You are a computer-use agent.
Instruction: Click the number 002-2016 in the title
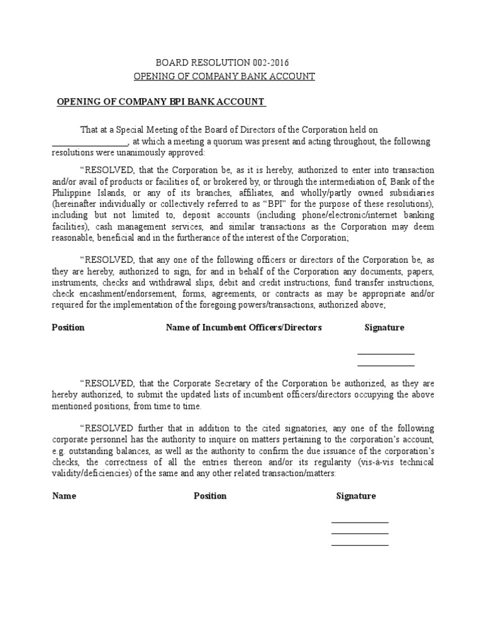click(271, 62)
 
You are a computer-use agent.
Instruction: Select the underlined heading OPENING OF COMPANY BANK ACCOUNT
click(224, 76)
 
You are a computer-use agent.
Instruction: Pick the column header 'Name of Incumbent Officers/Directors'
click(243, 328)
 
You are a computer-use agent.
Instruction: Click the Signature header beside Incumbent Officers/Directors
click(384, 328)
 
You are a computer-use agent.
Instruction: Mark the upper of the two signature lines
click(386, 354)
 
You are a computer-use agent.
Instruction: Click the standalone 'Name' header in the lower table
click(64, 496)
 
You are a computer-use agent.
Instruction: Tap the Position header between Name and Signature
click(210, 496)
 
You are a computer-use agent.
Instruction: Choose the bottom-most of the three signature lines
click(360, 545)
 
